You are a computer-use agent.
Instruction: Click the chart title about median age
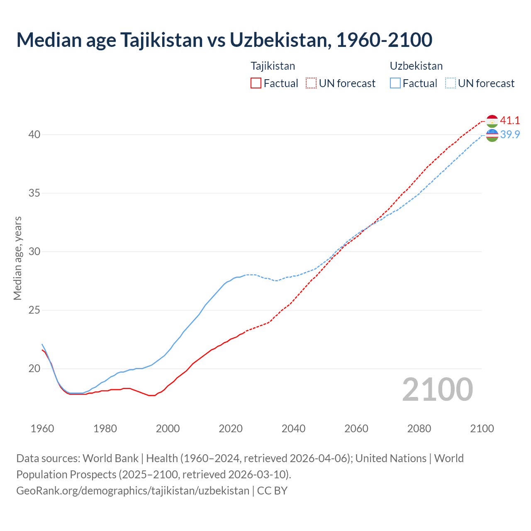point(224,40)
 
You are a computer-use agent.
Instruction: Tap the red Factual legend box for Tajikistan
point(256,83)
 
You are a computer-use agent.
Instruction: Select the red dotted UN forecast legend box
point(311,83)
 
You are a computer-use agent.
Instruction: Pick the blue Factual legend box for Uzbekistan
point(395,83)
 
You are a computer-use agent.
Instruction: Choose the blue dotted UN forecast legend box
point(451,83)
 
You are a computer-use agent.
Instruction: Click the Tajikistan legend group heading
point(273,66)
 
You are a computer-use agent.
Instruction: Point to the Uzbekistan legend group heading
point(416,66)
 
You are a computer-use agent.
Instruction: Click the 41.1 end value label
point(510,121)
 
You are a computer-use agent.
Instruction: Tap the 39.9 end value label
point(510,135)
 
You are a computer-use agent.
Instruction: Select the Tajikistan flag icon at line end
point(492,121)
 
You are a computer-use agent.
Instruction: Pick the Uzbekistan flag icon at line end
point(492,135)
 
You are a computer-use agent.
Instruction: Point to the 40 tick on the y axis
point(34,135)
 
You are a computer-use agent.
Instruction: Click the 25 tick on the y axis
point(34,310)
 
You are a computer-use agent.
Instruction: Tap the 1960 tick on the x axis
point(42,429)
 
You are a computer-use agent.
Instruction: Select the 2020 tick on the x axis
point(231,429)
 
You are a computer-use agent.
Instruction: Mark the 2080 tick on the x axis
point(419,429)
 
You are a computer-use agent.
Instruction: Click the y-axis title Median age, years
point(17,258)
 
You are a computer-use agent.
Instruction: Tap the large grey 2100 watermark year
point(437,390)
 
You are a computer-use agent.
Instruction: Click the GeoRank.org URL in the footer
point(133,490)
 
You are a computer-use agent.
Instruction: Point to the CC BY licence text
point(272,490)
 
